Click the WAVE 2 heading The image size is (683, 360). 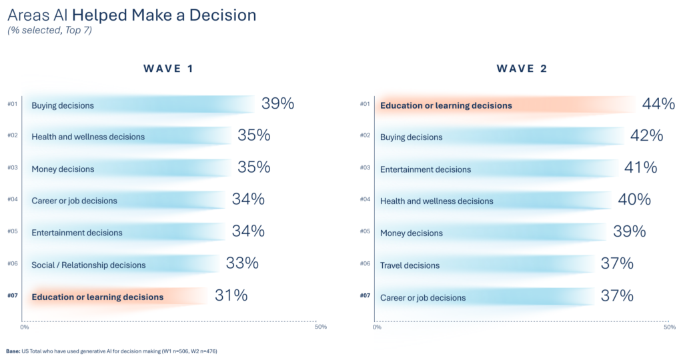[x=522, y=69]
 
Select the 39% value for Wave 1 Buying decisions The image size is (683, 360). [x=277, y=104]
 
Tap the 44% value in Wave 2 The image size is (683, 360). [x=658, y=104]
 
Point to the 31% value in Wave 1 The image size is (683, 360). [x=231, y=296]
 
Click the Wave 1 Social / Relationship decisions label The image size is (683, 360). [x=88, y=265]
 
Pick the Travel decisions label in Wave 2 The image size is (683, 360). [x=410, y=265]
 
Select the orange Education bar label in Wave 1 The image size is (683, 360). [x=97, y=297]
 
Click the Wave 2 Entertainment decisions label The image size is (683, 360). [x=425, y=169]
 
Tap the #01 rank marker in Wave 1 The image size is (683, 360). [x=12, y=104]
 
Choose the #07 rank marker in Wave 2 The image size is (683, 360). [x=365, y=296]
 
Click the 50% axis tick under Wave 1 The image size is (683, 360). [x=320, y=327]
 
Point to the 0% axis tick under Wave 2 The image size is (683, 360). [x=377, y=327]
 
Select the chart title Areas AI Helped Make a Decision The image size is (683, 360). [x=131, y=15]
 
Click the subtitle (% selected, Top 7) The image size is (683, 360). [x=49, y=31]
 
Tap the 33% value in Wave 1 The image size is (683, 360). [x=242, y=263]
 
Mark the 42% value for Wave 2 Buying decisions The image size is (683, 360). [x=646, y=136]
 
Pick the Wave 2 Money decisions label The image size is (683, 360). [x=411, y=233]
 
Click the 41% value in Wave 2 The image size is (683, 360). [x=640, y=168]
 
